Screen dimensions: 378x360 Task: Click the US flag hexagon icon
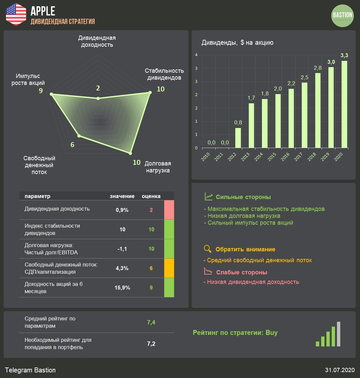point(16,14)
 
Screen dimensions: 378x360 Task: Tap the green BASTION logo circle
point(343,15)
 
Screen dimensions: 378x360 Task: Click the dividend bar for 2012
point(238,138)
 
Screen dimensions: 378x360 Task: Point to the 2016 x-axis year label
point(285,157)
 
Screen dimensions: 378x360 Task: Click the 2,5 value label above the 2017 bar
point(304,78)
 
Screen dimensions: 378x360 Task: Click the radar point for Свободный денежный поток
point(79,136)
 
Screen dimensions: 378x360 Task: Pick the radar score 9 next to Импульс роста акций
point(41,90)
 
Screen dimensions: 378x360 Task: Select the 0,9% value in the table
point(122,210)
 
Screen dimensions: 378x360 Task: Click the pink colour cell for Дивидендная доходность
point(169,210)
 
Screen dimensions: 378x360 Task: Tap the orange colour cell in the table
point(169,268)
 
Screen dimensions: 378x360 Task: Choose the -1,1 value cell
point(122,249)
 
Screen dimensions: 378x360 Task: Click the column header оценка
point(151,196)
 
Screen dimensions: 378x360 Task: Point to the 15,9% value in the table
point(122,288)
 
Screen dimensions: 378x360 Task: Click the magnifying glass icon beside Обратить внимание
point(207,249)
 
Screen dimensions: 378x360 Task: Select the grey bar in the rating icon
point(339,334)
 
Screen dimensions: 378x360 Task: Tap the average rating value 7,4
point(151,322)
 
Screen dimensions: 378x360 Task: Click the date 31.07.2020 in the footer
point(340,370)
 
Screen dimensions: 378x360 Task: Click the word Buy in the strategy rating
point(271,333)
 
